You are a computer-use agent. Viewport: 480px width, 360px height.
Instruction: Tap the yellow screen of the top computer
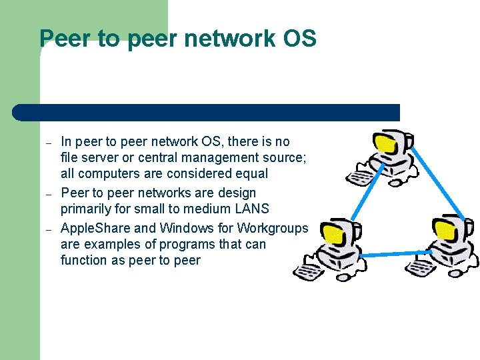(385, 143)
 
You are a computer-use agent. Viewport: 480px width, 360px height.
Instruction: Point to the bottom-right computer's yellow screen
(444, 227)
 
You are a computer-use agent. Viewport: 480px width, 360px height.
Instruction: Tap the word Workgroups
(272, 229)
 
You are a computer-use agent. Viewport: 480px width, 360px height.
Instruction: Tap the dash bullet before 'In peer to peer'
(48, 143)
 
